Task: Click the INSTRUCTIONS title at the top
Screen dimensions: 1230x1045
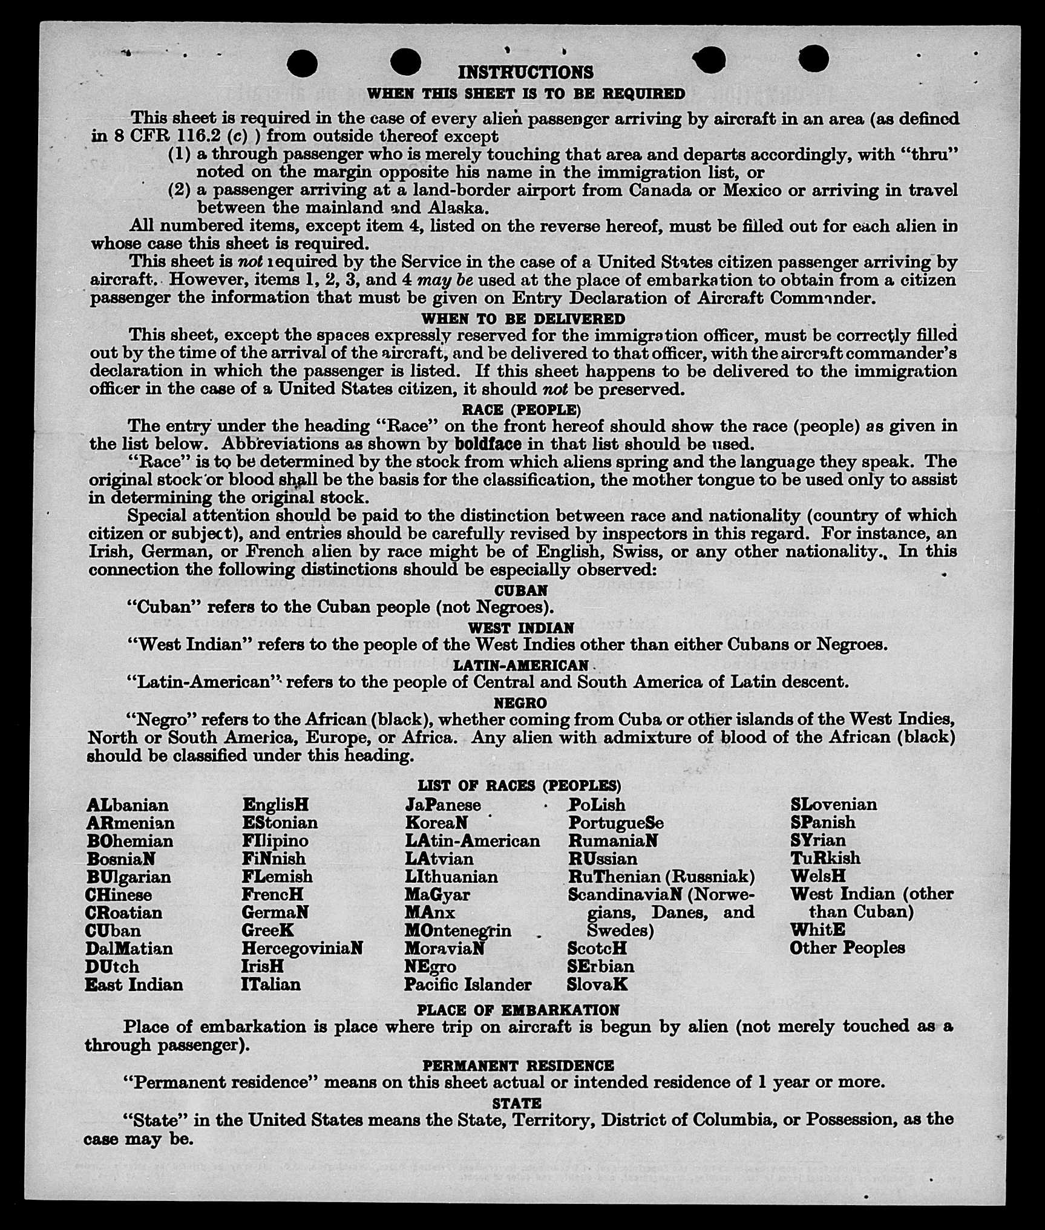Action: tap(525, 73)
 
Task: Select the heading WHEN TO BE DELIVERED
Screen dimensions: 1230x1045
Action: tap(523, 319)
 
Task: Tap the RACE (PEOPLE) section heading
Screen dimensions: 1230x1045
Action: tap(521, 410)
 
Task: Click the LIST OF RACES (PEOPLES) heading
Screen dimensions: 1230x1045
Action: tap(519, 786)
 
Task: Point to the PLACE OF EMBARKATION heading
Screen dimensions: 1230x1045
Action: tap(518, 1010)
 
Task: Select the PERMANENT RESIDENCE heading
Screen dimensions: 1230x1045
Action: tap(518, 1065)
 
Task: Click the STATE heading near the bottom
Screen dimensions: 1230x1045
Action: tap(517, 1103)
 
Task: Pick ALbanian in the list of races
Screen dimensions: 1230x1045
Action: tap(128, 805)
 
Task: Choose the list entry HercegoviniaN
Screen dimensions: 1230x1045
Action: tap(302, 948)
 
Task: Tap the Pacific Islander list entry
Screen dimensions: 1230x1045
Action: tap(468, 984)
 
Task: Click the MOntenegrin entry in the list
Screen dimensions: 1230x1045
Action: tap(457, 931)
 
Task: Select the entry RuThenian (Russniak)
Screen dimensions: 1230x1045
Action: tap(661, 877)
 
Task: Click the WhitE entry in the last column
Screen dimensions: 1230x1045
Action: tap(817, 930)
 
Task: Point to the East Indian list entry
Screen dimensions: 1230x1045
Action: tap(134, 984)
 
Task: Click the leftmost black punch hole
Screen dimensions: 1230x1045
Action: tap(303, 64)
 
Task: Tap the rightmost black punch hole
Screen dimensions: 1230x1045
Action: tap(813, 59)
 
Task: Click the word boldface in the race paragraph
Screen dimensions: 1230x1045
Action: tap(488, 444)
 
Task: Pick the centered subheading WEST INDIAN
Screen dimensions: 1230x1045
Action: tap(520, 628)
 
